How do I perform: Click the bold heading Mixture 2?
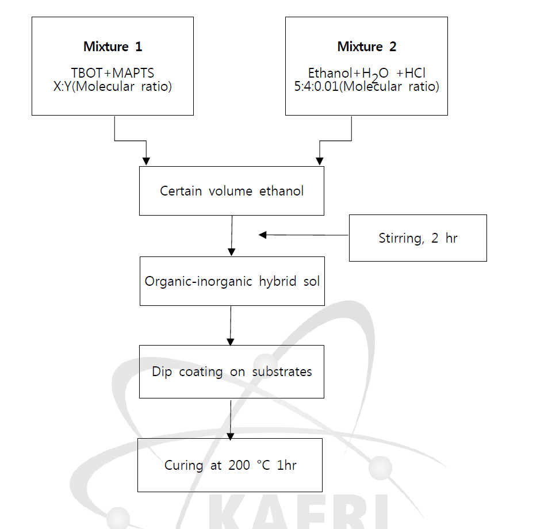click(x=366, y=47)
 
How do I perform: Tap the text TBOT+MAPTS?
click(x=113, y=73)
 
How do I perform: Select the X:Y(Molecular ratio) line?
click(x=113, y=87)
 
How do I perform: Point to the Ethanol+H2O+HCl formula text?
click(x=366, y=74)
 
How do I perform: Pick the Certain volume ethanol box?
click(x=232, y=191)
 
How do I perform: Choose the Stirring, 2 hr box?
click(x=417, y=238)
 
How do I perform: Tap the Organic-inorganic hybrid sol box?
click(x=232, y=281)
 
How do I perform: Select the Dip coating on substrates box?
click(x=231, y=371)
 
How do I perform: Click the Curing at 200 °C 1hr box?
click(x=230, y=465)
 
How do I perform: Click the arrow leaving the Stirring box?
click(x=303, y=235)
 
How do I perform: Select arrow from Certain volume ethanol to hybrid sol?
click(x=231, y=236)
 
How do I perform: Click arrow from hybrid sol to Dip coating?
click(x=231, y=325)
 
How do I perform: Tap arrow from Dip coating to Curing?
click(x=231, y=419)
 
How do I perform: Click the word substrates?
click(x=282, y=371)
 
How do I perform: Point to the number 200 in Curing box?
click(x=238, y=465)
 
